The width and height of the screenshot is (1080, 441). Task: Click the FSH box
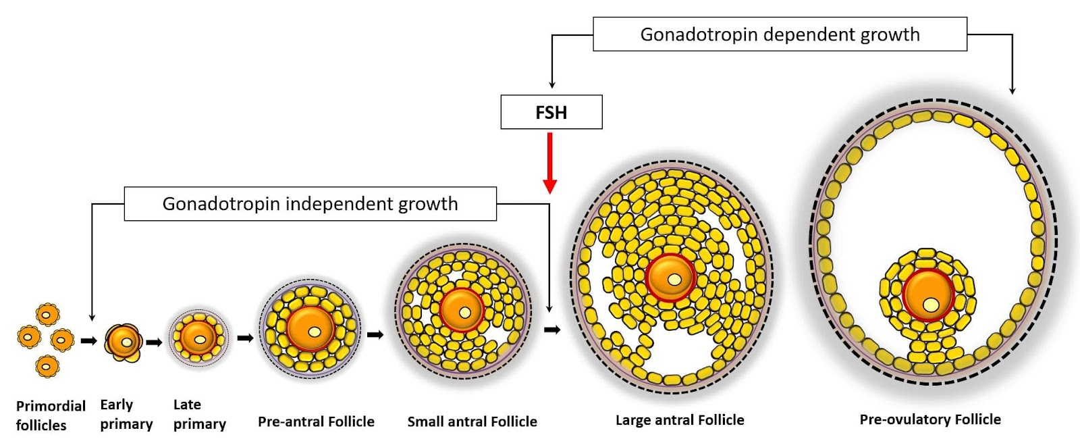(551, 112)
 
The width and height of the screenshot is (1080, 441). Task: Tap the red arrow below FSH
(550, 163)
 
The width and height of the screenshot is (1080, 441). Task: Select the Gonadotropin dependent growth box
(780, 34)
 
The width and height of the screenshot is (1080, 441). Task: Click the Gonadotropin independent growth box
(310, 204)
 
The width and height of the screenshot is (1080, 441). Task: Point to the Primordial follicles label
(51, 415)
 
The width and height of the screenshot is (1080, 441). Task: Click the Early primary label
(126, 414)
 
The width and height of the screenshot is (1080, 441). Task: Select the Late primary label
(199, 414)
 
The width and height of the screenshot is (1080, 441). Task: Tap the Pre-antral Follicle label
(316, 422)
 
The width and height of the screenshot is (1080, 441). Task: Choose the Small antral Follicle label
(472, 422)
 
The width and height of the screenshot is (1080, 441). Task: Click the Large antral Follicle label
(680, 420)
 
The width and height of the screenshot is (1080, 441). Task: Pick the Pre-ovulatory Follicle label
(930, 419)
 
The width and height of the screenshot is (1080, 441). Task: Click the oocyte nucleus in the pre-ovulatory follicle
(932, 305)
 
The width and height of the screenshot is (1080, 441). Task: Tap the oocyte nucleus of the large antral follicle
(674, 279)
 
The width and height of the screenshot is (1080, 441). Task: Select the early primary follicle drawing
(124, 341)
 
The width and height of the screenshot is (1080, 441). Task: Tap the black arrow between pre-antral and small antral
(375, 334)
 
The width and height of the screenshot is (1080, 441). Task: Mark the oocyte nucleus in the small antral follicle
(465, 313)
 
